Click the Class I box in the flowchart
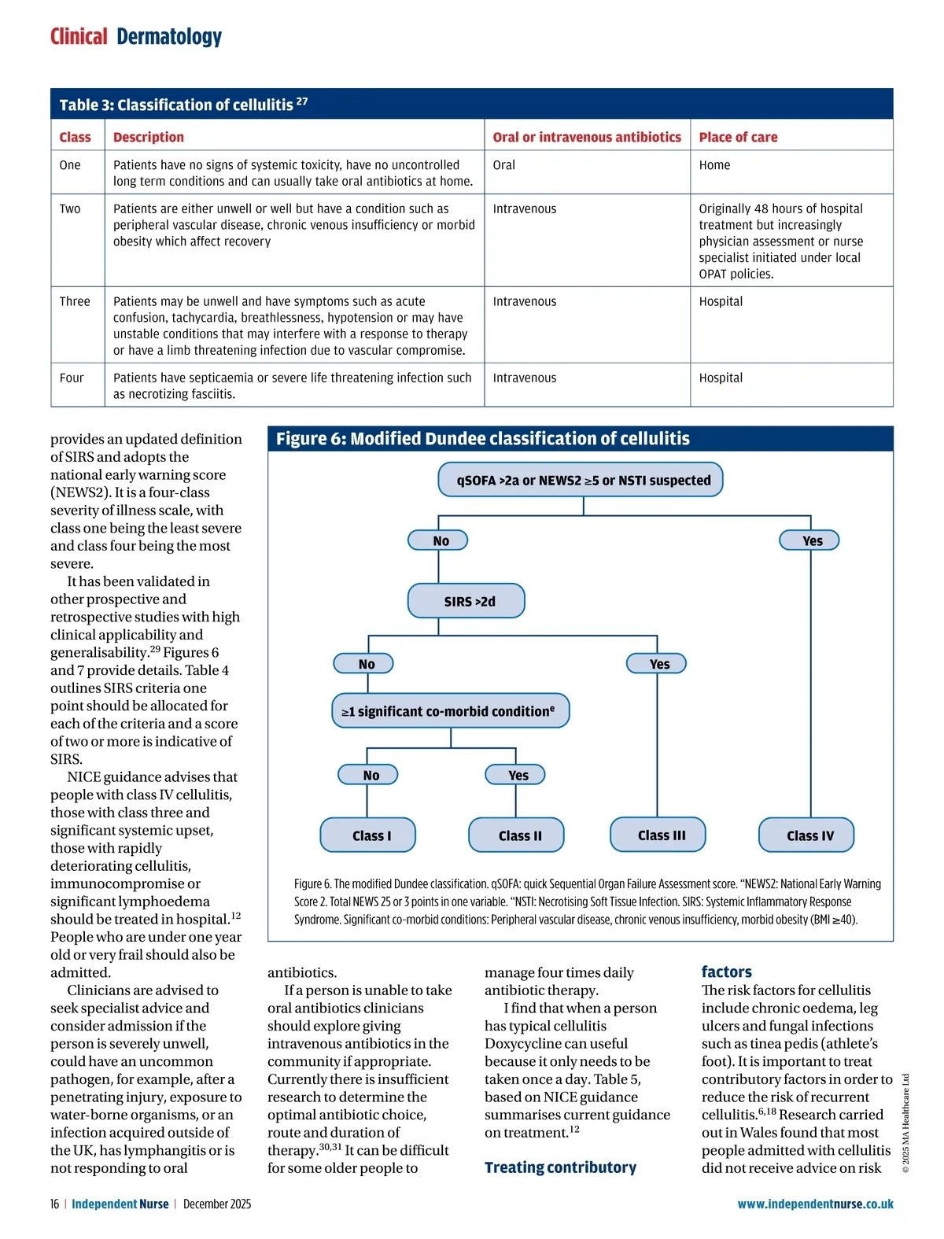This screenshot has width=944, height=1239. tap(367, 835)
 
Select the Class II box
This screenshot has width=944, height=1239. tap(516, 835)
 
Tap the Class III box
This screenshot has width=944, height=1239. tap(658, 835)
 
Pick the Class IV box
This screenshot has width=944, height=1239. tap(806, 835)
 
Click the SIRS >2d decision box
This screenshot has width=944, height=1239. tap(466, 601)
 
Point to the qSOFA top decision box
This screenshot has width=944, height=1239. tap(581, 480)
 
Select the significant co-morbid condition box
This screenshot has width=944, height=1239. tap(450, 711)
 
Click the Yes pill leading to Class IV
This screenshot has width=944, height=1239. tap(809, 540)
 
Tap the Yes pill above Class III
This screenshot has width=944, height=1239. tap(657, 664)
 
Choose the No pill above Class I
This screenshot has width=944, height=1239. tap(367, 775)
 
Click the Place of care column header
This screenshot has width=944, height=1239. tap(738, 137)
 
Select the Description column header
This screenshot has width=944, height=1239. tap(149, 137)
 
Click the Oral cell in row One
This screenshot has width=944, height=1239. tap(504, 165)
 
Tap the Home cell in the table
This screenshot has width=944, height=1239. tap(714, 165)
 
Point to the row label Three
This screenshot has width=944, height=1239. tap(75, 301)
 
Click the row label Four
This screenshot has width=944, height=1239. tap(72, 378)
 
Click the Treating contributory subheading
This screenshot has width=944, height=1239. tap(560, 1167)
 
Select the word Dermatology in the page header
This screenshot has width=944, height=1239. tap(169, 37)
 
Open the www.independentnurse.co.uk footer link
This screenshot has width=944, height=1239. tap(815, 1204)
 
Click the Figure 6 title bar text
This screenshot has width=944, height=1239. tap(482, 439)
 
